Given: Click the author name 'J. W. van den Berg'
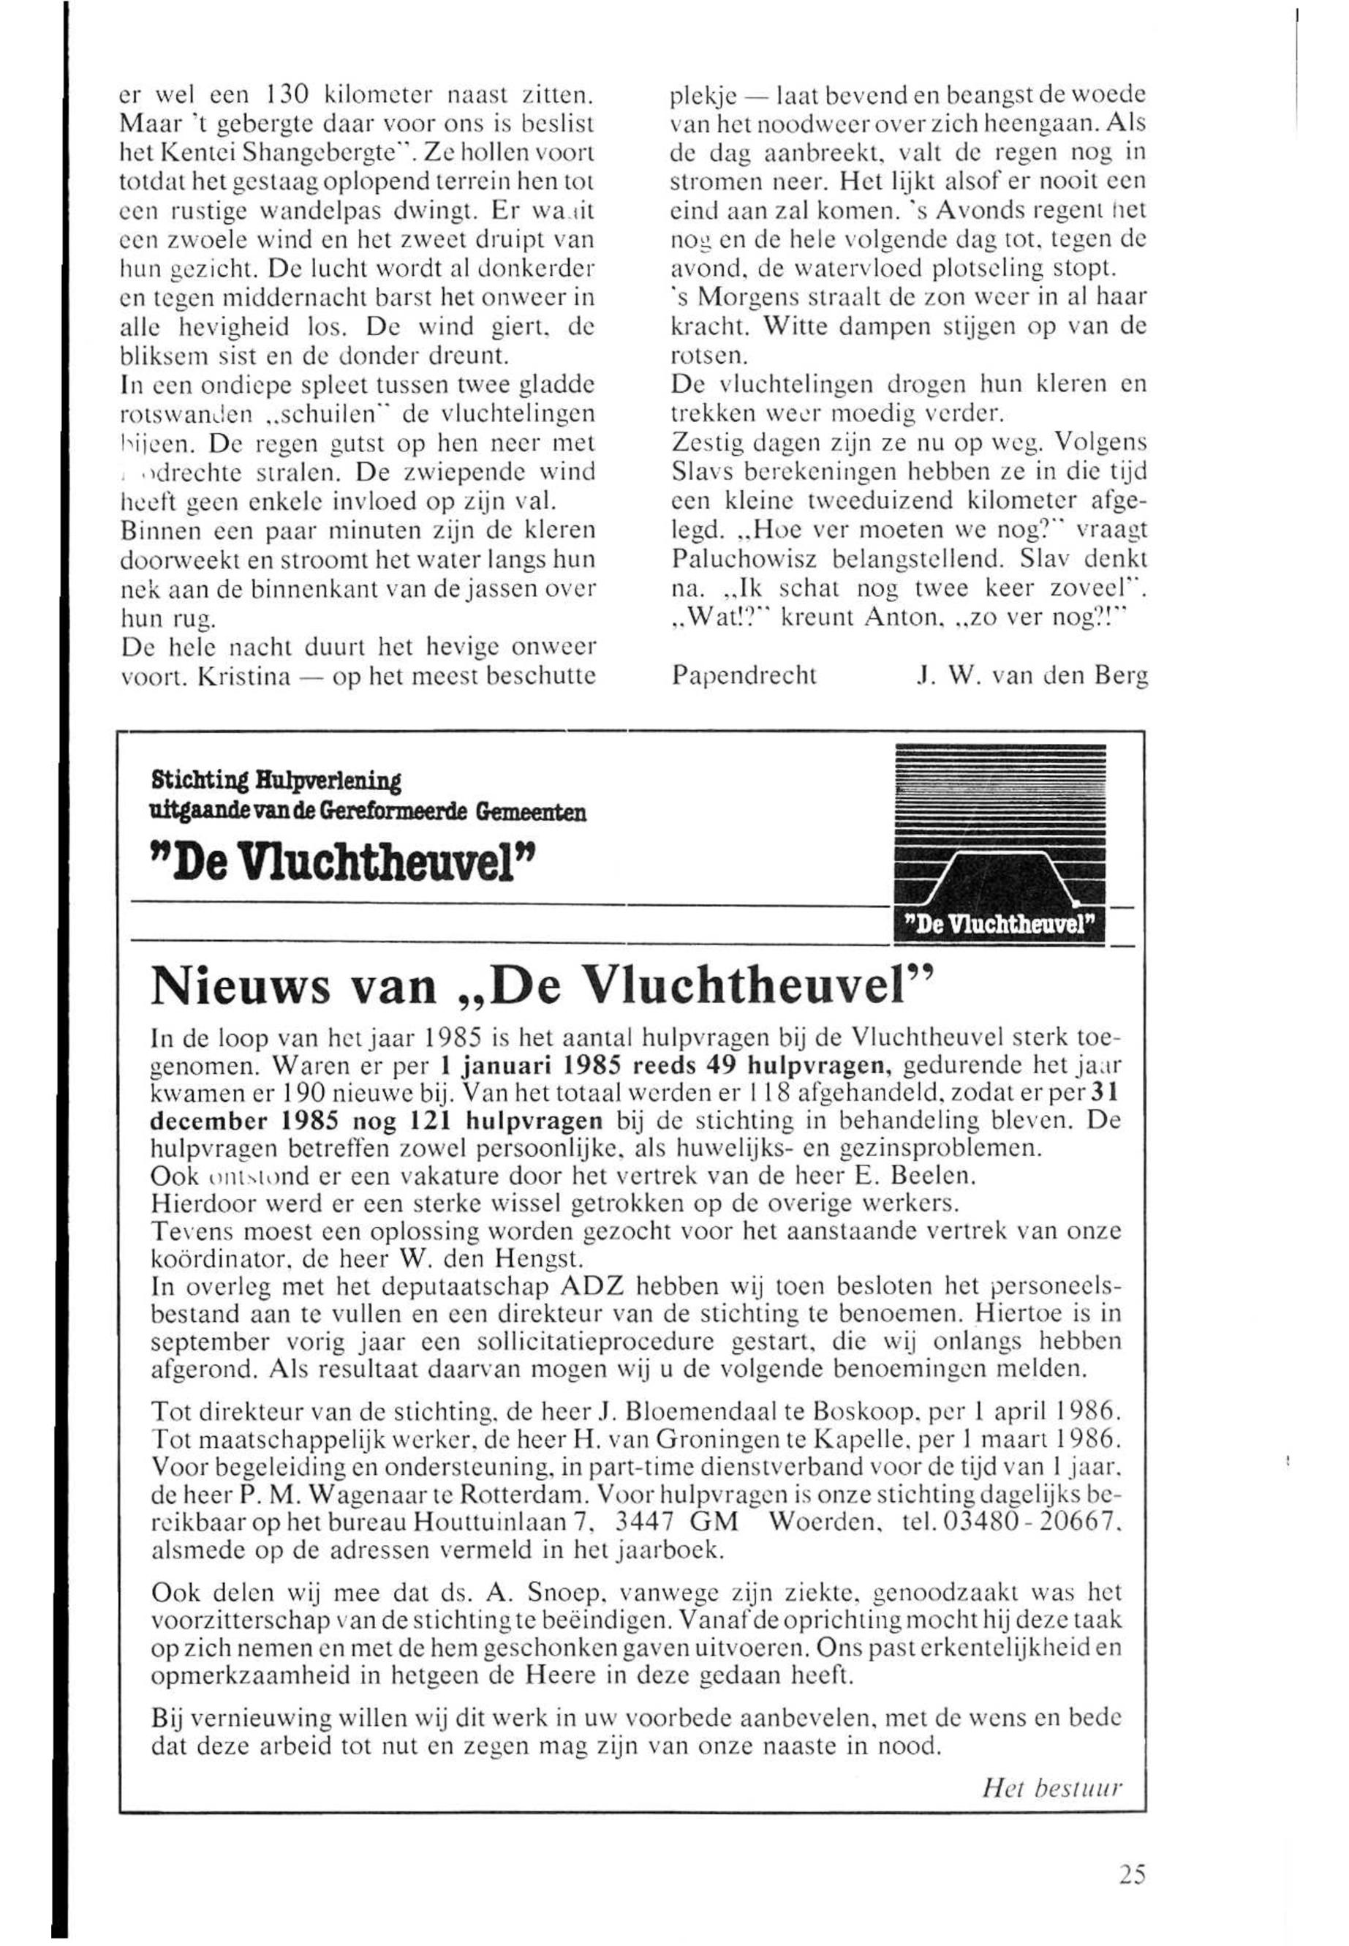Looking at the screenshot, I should (x=1031, y=676).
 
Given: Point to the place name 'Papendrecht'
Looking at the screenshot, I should (x=744, y=676).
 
